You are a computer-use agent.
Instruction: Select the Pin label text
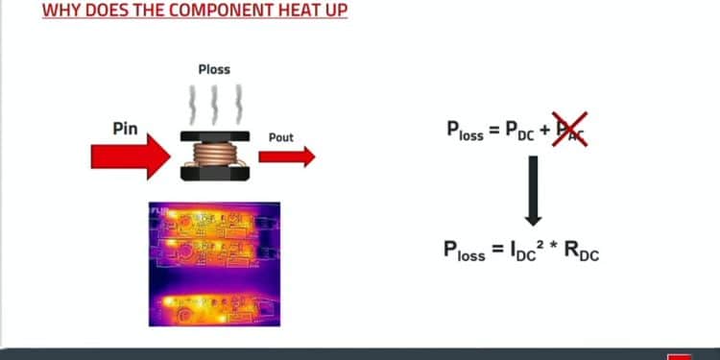pos(125,128)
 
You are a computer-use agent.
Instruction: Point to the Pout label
pos(281,137)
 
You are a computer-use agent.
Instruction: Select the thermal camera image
pos(214,264)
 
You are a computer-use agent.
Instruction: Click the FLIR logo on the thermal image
pos(159,209)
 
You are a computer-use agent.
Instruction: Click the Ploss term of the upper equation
pos(465,132)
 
